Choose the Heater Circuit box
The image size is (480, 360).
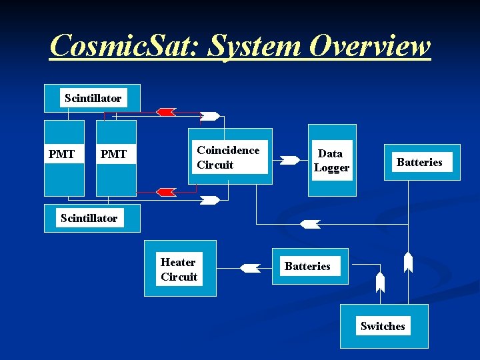pyautogui.click(x=179, y=268)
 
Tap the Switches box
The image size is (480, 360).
pyautogui.click(x=383, y=326)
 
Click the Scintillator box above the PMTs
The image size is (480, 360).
pyautogui.click(x=92, y=98)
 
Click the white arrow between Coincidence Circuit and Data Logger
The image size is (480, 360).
pyautogui.click(x=290, y=160)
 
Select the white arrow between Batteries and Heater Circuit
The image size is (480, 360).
pyautogui.click(x=250, y=268)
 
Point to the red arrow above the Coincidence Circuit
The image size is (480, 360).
pyautogui.click(x=165, y=111)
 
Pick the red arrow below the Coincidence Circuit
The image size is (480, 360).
pyautogui.click(x=165, y=192)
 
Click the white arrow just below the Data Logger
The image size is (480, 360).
pyautogui.click(x=310, y=224)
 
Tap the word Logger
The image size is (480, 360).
pyautogui.click(x=331, y=167)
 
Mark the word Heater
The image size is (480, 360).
pyautogui.click(x=178, y=262)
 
